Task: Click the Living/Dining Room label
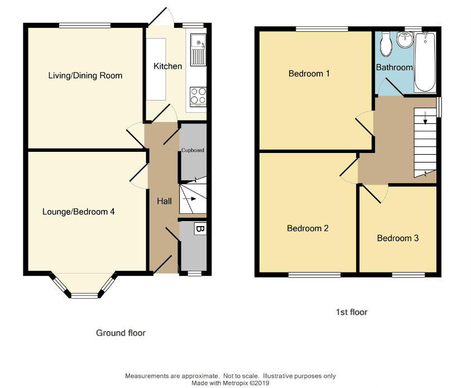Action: click(x=85, y=75)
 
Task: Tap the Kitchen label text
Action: click(x=167, y=66)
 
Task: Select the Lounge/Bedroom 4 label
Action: click(x=78, y=212)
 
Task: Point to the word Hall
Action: click(x=164, y=201)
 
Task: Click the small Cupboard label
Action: click(x=193, y=150)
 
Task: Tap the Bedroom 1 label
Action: click(x=309, y=73)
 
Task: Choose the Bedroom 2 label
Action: click(x=307, y=228)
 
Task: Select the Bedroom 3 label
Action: click(x=397, y=238)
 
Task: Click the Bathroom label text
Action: click(x=394, y=67)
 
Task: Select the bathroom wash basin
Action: click(x=403, y=39)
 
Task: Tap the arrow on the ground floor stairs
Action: click(x=190, y=198)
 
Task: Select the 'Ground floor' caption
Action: click(x=121, y=333)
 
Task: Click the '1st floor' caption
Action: click(x=352, y=312)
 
